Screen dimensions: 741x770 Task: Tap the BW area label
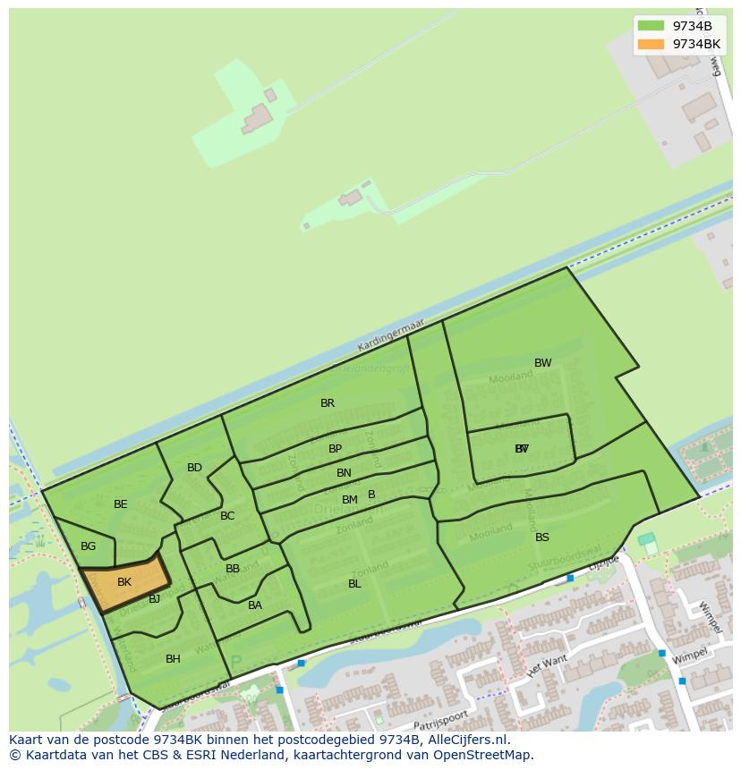(x=542, y=363)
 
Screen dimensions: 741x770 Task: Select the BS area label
(x=542, y=537)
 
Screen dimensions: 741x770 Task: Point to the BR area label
(x=328, y=403)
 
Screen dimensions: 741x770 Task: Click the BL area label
(x=354, y=584)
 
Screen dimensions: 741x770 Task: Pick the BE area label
(x=121, y=504)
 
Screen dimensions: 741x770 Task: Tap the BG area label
(x=88, y=546)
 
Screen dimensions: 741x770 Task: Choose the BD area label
(x=194, y=468)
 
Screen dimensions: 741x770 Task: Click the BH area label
(x=173, y=659)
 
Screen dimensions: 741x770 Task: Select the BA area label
(x=255, y=605)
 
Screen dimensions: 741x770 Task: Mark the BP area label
(x=335, y=449)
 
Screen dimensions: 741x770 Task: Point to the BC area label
(x=227, y=516)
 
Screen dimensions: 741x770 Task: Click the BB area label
(x=233, y=569)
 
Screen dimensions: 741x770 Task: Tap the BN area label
(x=344, y=473)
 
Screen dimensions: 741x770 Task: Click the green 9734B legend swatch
(x=651, y=26)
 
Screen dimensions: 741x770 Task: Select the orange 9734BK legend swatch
(x=651, y=44)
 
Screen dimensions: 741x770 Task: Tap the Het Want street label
(x=547, y=665)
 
